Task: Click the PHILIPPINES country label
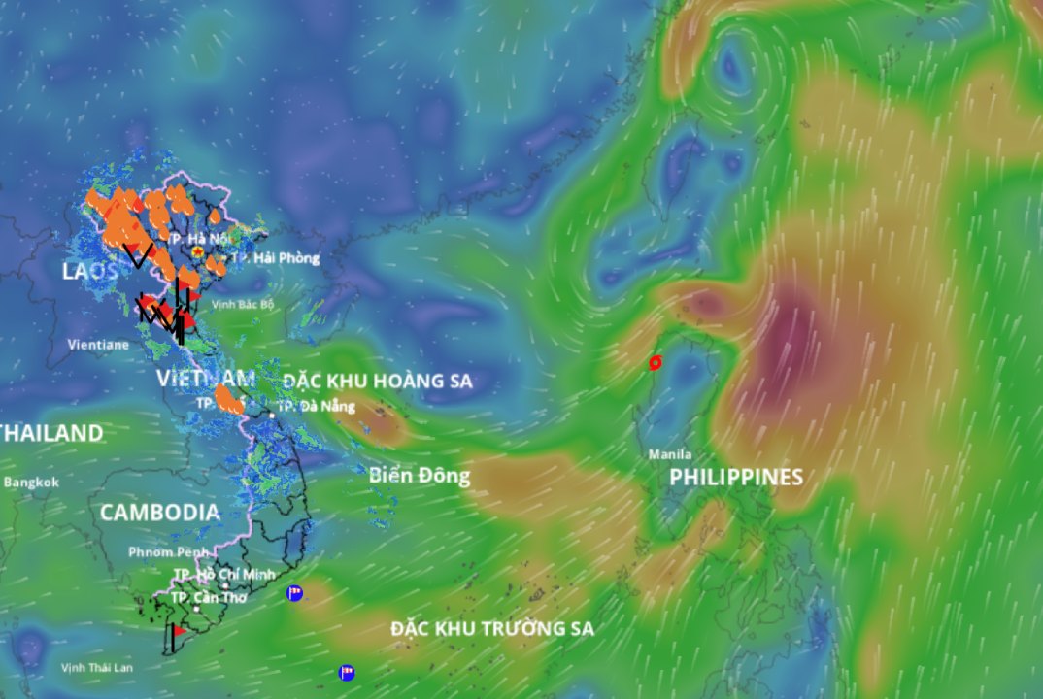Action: pyautogui.click(x=736, y=477)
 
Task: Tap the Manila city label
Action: pyautogui.click(x=671, y=454)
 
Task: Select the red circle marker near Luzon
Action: pyautogui.click(x=655, y=363)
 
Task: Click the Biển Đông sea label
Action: pyautogui.click(x=420, y=476)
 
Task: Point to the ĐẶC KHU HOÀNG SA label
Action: pyautogui.click(x=378, y=382)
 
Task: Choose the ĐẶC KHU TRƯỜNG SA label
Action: pyautogui.click(x=492, y=629)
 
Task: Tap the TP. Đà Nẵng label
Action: pyautogui.click(x=317, y=406)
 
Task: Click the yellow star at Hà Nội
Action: pyautogui.click(x=198, y=251)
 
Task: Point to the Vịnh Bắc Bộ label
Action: pyautogui.click(x=244, y=304)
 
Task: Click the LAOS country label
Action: pyautogui.click(x=89, y=272)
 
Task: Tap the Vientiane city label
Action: pyautogui.click(x=98, y=344)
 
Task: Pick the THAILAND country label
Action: pyautogui.click(x=51, y=433)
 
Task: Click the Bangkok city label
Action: pyautogui.click(x=32, y=482)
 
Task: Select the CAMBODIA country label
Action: pyautogui.click(x=159, y=512)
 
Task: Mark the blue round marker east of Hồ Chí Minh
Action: pyautogui.click(x=294, y=593)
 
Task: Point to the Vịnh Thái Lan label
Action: pyautogui.click(x=96, y=667)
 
